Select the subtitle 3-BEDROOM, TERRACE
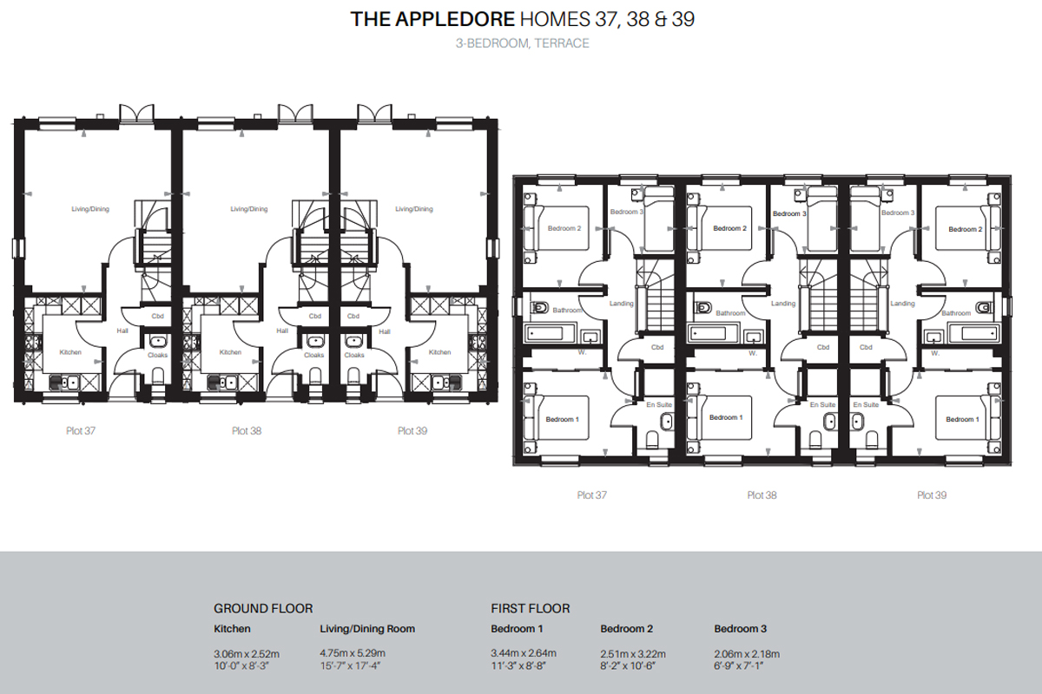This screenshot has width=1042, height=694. pos(521,43)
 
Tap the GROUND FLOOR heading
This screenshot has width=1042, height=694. pos(263,608)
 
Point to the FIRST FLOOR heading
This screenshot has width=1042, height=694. pos(531,608)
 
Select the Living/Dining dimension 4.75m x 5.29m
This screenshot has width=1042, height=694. pos(353,653)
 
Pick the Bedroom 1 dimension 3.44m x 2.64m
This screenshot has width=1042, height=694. pos(524,653)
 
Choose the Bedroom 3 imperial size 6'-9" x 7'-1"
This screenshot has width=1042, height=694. pos(744,666)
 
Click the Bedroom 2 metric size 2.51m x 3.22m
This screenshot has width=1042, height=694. pos(633,653)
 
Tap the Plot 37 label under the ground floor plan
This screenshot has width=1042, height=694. pos(81,430)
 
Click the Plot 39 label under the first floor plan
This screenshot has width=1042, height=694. pos(933,495)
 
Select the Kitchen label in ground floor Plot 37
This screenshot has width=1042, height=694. pos(70,352)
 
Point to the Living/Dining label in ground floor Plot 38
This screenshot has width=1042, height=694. pos(248,209)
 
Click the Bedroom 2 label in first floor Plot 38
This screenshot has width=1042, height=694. pos(729,228)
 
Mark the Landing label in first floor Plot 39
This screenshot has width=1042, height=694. pos(903,304)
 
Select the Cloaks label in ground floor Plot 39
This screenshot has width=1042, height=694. pos(354,355)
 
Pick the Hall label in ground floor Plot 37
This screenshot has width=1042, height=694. pos(122,331)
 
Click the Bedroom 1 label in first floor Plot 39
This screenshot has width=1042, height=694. pos(960,419)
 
